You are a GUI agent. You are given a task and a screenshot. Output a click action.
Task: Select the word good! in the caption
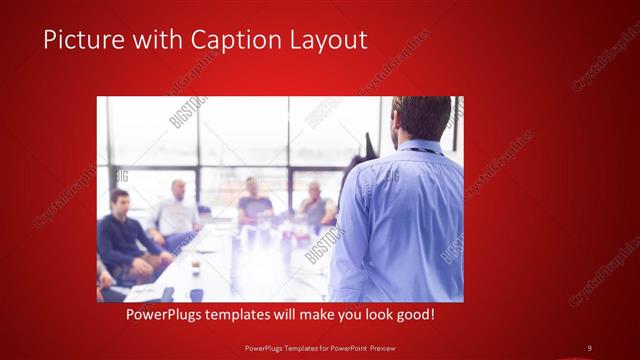(x=415, y=315)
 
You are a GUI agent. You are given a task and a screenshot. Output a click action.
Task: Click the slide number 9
(x=589, y=347)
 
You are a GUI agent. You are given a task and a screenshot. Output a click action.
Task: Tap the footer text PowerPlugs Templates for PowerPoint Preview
(x=319, y=347)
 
